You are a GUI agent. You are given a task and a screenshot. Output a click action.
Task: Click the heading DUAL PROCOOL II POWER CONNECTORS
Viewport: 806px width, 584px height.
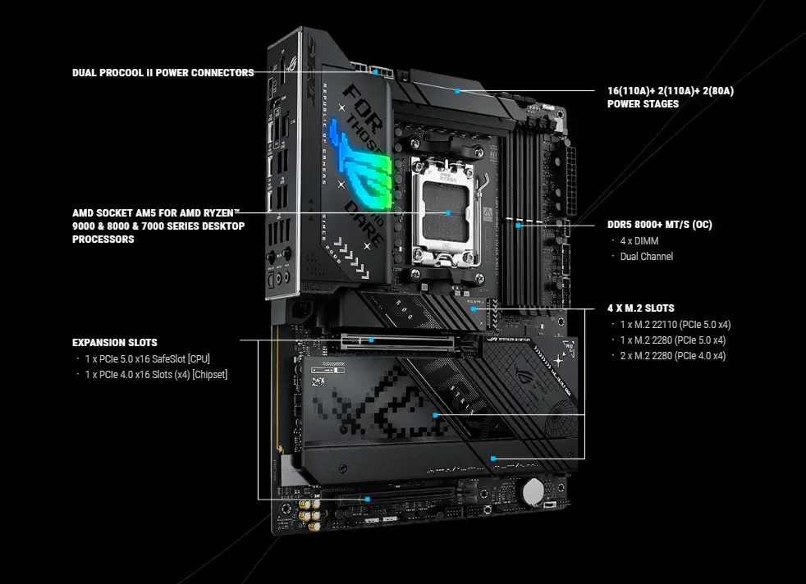(x=163, y=73)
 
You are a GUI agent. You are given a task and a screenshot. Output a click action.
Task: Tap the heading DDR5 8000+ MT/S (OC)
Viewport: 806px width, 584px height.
(x=659, y=225)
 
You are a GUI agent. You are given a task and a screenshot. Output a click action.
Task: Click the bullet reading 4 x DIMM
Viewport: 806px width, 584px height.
(x=639, y=241)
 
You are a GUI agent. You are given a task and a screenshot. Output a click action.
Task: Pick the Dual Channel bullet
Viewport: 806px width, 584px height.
(x=646, y=257)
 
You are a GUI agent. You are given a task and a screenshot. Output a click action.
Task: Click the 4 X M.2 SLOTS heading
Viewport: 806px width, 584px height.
(x=640, y=308)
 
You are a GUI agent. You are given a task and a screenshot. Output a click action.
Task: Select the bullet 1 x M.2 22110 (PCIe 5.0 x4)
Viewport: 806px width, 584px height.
(x=673, y=324)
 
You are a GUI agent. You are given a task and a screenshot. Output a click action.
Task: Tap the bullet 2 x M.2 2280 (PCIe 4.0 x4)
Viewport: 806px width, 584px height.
(x=673, y=356)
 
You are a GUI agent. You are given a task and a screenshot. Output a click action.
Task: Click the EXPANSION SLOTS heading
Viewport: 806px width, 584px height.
(x=114, y=342)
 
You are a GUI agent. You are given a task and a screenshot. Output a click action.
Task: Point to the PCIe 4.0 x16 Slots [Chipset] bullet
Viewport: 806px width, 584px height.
(x=156, y=375)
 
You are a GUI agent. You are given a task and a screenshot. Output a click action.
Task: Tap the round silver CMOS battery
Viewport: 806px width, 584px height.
(x=535, y=490)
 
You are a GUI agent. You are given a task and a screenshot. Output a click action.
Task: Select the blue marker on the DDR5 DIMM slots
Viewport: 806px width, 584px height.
(x=519, y=224)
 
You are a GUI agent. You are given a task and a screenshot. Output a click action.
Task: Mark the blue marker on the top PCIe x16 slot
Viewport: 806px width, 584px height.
(x=372, y=340)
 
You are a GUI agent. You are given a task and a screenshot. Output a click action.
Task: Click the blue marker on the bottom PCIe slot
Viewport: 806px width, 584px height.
(x=366, y=498)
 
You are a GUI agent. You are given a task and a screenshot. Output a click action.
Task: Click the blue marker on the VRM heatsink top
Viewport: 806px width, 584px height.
(x=457, y=91)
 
